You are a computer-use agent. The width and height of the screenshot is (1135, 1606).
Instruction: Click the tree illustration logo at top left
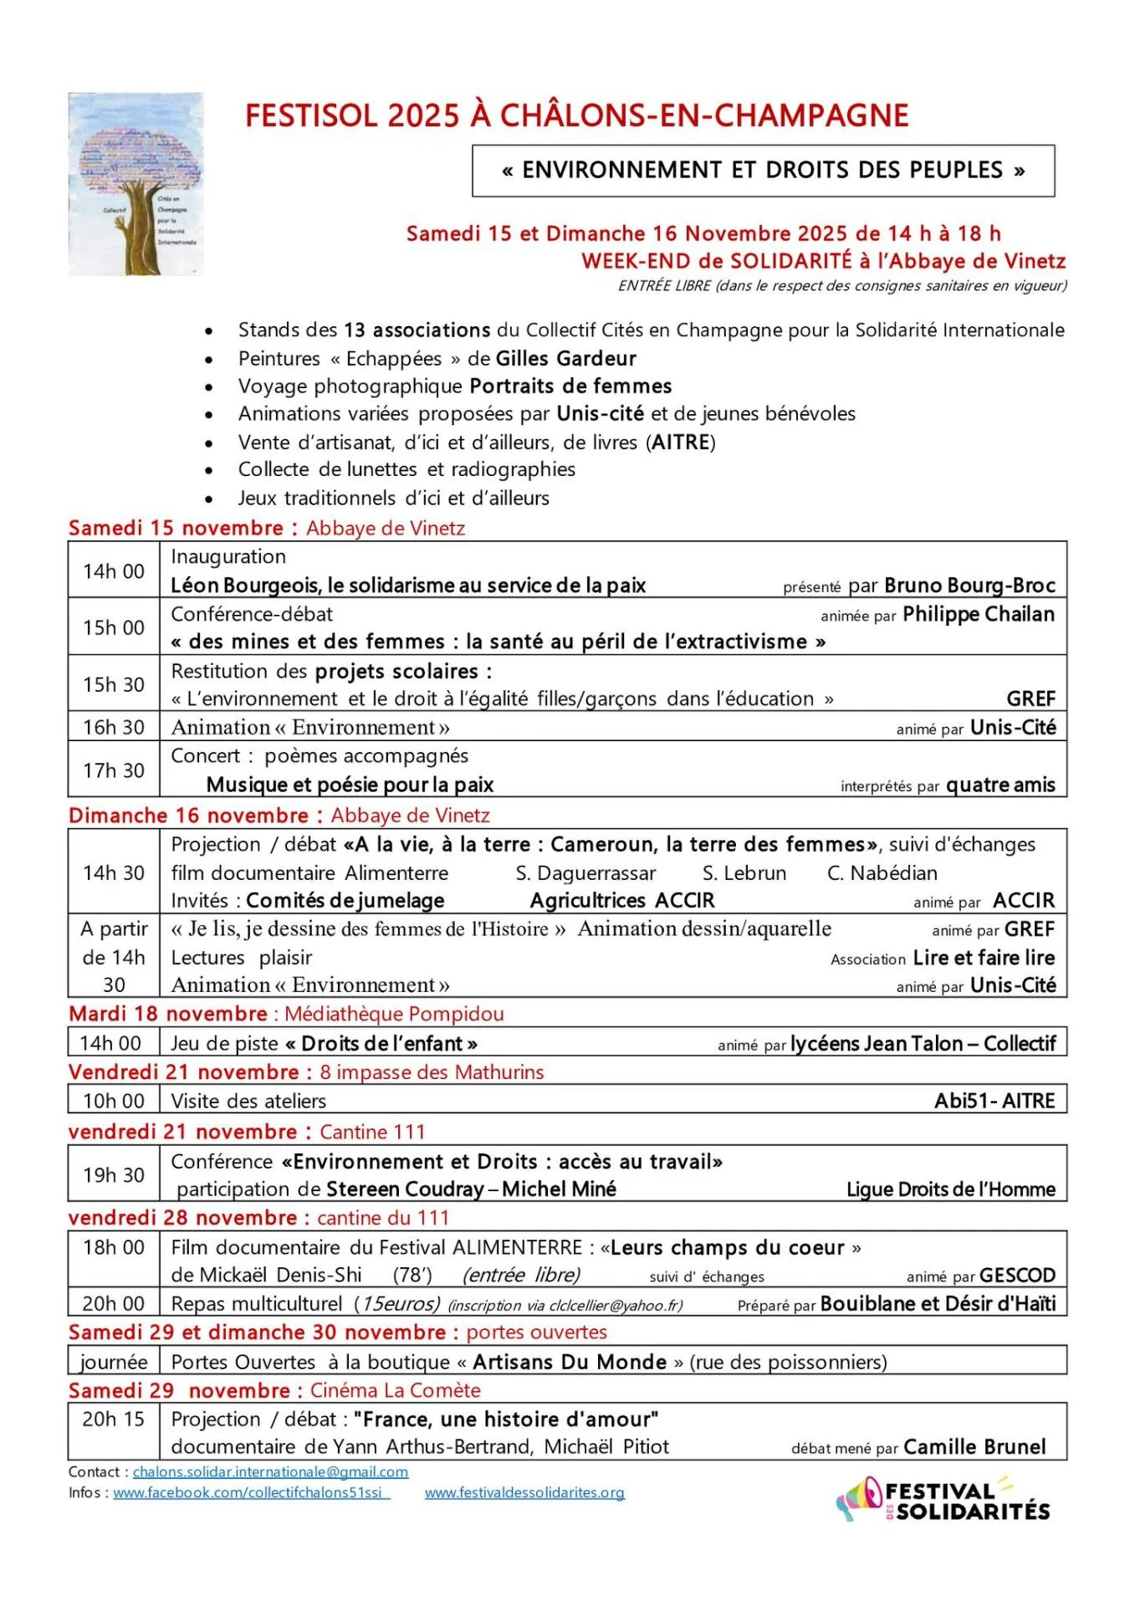point(135,184)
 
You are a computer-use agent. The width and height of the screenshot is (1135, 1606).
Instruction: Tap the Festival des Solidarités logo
point(944,1500)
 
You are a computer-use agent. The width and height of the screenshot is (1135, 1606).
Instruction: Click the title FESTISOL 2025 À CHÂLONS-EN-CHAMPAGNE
point(576,115)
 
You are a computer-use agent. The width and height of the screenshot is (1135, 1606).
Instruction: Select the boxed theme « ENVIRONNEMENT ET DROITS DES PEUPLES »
point(763,171)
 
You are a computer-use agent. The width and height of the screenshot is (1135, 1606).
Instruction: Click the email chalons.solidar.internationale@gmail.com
point(270,1471)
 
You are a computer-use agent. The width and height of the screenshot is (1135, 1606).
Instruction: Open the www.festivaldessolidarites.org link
point(524,1492)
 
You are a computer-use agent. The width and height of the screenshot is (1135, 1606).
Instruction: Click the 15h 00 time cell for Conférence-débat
point(114,627)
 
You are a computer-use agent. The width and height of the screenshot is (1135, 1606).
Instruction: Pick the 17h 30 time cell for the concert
point(114,770)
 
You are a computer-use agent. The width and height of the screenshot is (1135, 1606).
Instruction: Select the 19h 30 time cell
point(114,1175)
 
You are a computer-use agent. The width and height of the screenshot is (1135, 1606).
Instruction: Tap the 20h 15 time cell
point(114,1419)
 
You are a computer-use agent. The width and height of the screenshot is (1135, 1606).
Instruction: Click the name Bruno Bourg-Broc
point(969,586)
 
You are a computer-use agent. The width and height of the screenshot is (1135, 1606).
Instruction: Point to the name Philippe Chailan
point(979,615)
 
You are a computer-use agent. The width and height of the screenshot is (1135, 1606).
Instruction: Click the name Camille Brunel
point(974,1447)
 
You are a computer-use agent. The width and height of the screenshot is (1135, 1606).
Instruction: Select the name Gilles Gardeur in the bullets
point(565,359)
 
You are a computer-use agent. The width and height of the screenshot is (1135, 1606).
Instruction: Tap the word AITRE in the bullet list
point(681,442)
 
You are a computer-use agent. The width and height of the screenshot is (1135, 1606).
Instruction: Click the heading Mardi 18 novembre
point(168,1014)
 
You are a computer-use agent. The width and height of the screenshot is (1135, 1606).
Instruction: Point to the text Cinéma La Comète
point(395,1390)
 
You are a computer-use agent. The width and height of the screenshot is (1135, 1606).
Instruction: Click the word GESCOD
point(1017,1276)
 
